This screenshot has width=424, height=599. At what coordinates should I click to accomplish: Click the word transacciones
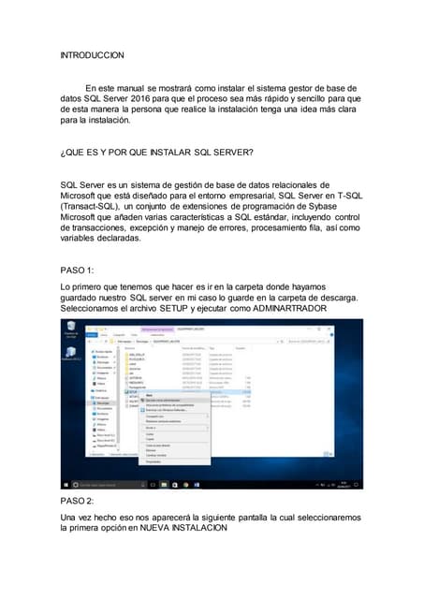(x=103, y=227)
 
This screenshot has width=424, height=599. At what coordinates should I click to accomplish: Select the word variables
(x=82, y=239)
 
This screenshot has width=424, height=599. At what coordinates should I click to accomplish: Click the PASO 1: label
(x=78, y=270)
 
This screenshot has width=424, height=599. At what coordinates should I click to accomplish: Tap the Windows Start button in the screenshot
(x=66, y=485)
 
